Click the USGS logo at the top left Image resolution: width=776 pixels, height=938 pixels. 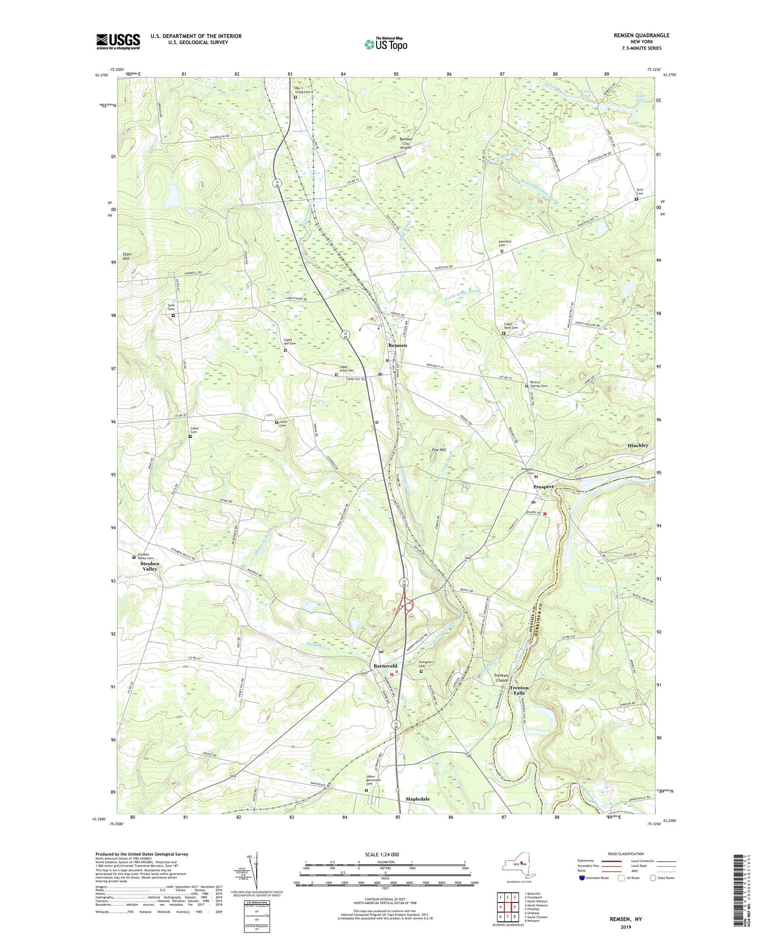coord(118,41)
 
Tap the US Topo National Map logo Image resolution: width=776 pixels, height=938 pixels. coord(385,44)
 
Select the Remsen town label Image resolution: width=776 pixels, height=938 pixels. coord(397,345)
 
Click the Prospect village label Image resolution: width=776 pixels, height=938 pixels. coord(543,487)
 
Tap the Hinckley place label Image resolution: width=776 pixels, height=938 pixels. coord(637,445)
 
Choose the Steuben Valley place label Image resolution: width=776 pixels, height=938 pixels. coord(150,566)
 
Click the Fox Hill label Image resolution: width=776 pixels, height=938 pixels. coord(439,450)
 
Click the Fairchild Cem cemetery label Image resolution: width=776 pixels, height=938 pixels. coord(501,243)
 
